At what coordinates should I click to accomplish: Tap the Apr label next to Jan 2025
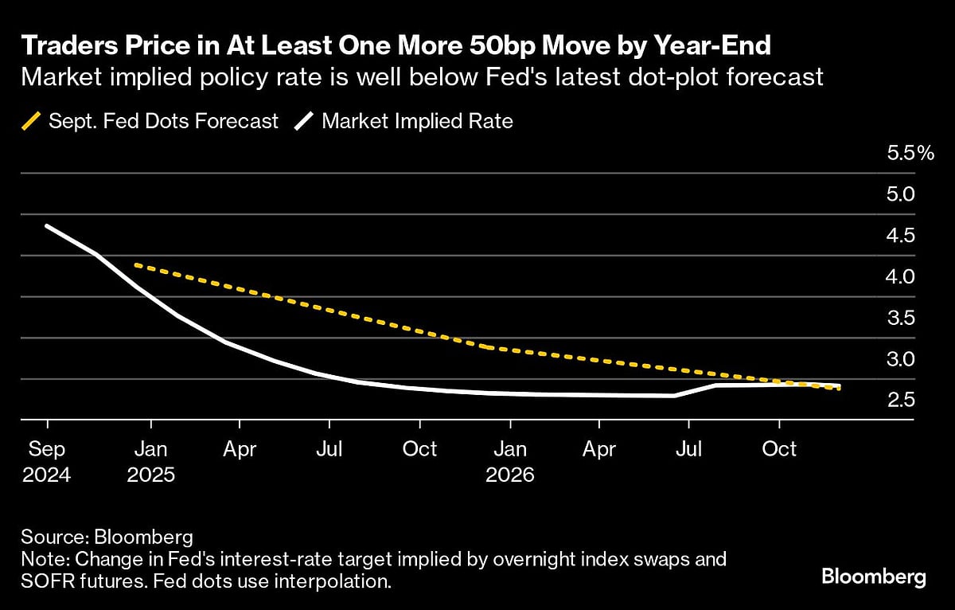[240, 450]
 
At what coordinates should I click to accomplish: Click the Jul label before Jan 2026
[329, 450]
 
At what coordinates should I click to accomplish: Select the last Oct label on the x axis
[779, 450]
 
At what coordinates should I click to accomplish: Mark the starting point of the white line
[47, 226]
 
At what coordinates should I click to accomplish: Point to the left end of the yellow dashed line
[137, 264]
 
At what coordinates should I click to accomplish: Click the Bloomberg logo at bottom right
[874, 577]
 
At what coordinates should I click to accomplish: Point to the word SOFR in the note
[49, 581]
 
